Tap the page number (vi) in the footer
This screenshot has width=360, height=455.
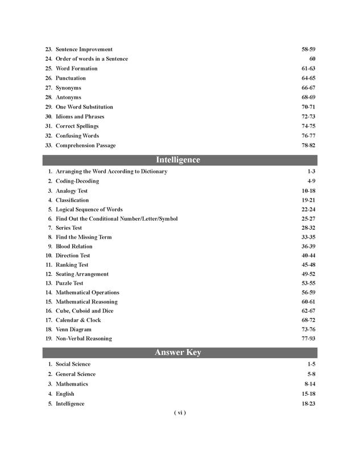pos(180,413)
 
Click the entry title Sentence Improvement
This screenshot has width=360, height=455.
pos(84,49)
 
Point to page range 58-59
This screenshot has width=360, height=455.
pos(308,49)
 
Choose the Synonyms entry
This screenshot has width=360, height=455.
pos(68,88)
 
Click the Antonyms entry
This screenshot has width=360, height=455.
pos(68,98)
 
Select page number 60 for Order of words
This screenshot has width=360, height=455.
pos(312,59)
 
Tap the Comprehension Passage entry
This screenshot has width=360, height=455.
pos(85,146)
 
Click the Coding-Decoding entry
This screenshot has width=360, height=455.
pos(77,181)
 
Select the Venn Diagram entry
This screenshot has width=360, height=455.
pos(73,329)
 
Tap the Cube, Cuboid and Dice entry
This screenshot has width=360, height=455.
pos(84,311)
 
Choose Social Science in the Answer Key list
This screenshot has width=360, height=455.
pos(73,365)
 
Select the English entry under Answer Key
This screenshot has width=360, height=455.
pos(65,394)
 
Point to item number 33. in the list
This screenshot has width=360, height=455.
pos(48,146)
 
